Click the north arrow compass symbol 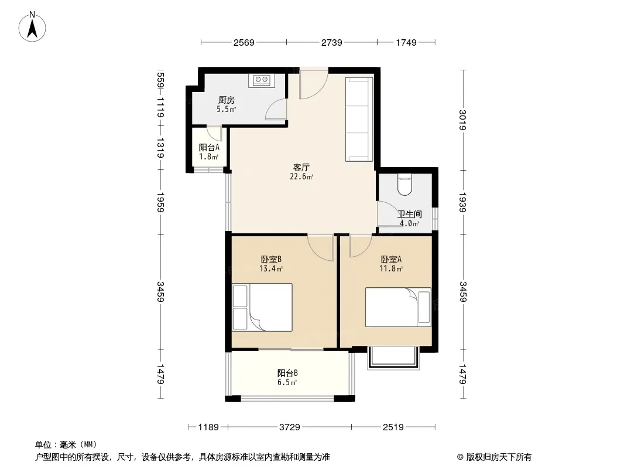[32, 27]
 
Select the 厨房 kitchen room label [227, 100]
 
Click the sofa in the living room [359, 119]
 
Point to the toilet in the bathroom [404, 186]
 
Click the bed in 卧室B [262, 307]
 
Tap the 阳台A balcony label [209, 147]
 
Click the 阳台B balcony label [287, 373]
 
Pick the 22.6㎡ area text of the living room [301, 176]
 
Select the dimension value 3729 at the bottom [289, 427]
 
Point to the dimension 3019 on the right [462, 120]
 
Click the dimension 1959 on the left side [160, 202]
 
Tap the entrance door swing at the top [314, 84]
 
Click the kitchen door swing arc [275, 109]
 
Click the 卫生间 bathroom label [410, 215]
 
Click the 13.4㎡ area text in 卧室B [271, 269]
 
